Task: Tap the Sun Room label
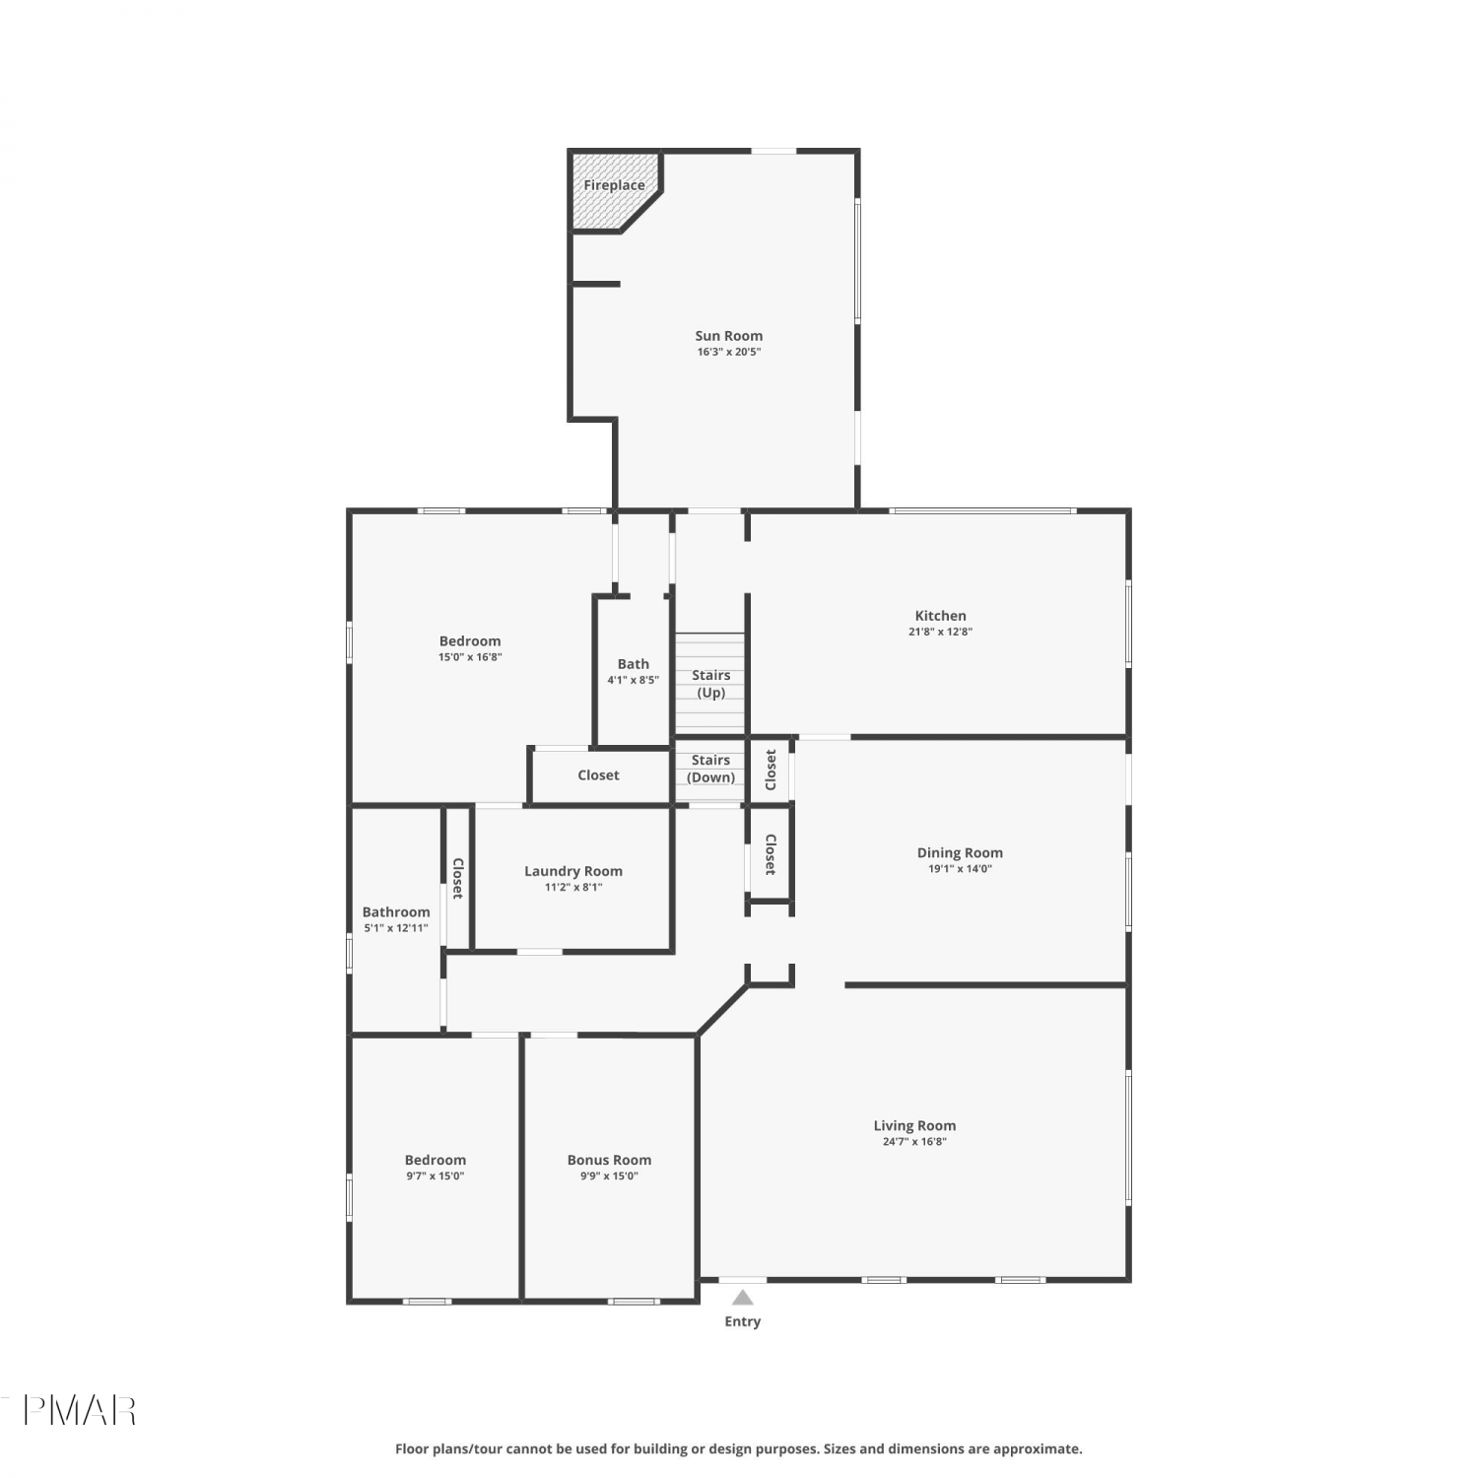[x=729, y=336]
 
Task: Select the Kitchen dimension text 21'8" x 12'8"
[x=940, y=632]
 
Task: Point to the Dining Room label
[x=960, y=853]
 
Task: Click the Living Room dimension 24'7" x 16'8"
[x=914, y=1142]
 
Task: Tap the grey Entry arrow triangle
[x=743, y=1297]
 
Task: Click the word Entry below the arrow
[x=743, y=1321]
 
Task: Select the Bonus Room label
[x=609, y=1160]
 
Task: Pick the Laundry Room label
[x=573, y=871]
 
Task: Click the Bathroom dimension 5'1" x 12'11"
[x=396, y=928]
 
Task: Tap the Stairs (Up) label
[x=711, y=684]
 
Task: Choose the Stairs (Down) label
[x=711, y=769]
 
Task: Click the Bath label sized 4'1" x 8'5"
[x=634, y=664]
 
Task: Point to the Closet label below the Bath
[x=598, y=775]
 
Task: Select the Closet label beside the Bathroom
[x=457, y=878]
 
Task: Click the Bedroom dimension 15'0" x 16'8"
[x=470, y=657]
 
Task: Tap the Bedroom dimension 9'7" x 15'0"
[x=436, y=1176]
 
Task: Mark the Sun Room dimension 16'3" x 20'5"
[x=729, y=352]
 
